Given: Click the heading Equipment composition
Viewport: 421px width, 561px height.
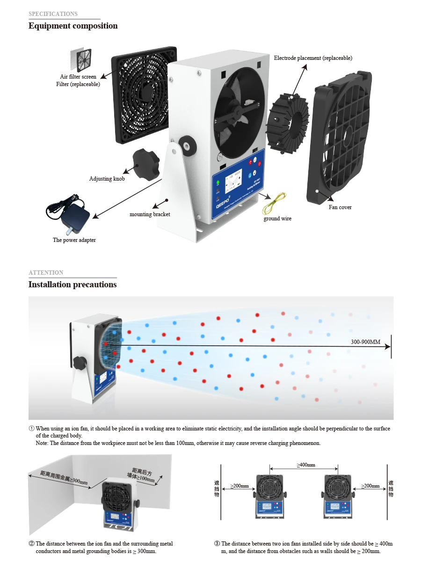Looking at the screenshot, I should coord(73,26).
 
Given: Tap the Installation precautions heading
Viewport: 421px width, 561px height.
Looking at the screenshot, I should coord(73,284).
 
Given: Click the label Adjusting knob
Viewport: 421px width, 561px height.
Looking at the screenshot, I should coord(107,179).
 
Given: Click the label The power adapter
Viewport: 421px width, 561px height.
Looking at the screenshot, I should coord(74,240).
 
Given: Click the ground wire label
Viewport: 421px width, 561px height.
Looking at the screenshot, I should coord(277,219).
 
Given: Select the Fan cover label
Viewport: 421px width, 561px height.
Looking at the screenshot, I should coord(340,207).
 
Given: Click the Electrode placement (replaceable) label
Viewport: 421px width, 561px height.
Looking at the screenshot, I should coord(313,58).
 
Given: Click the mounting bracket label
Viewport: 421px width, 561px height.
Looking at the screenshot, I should coord(150,214).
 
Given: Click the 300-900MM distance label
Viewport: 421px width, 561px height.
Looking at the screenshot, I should coord(366,342).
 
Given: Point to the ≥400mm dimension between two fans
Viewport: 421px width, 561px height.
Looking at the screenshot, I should coord(305,465).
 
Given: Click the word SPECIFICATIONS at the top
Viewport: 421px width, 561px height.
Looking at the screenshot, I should coord(53,14).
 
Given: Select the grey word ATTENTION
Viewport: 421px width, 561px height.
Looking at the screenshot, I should coord(46,273).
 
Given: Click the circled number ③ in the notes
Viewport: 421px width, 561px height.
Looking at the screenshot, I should coord(217,544).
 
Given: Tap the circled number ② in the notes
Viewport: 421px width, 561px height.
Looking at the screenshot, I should coord(32,544).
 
